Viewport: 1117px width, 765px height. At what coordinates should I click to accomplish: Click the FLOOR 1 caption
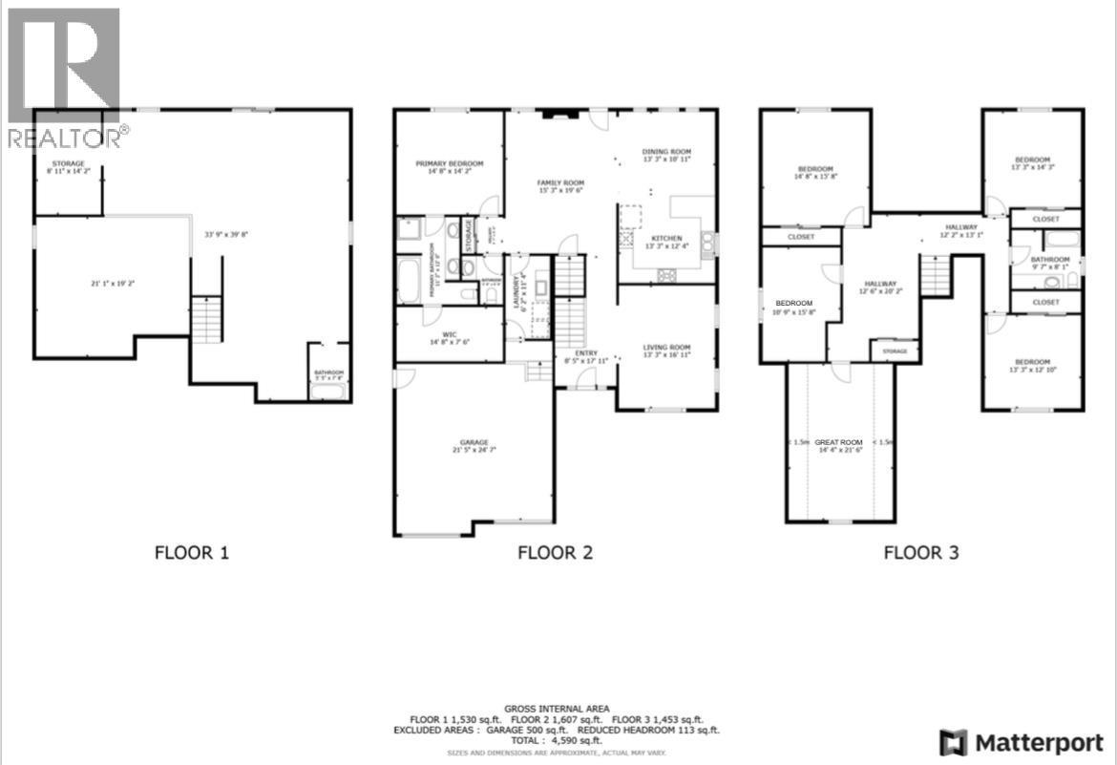192,552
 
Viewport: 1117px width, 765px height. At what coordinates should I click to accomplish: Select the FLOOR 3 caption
920,552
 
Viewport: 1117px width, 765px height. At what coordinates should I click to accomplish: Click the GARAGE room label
474,442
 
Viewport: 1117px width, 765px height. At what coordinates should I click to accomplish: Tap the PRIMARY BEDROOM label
450,163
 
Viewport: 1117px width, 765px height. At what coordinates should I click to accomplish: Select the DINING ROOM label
666,152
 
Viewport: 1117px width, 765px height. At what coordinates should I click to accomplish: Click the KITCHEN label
666,238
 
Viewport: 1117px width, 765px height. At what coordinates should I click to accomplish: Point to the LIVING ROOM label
666,348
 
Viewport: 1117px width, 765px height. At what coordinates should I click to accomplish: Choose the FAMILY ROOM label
560,182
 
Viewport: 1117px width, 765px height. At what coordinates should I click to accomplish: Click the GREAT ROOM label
839,442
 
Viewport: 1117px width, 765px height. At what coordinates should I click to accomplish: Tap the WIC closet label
450,334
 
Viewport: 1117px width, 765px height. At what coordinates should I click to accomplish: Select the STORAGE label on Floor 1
68,164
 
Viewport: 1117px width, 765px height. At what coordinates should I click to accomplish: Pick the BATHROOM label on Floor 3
1049,260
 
